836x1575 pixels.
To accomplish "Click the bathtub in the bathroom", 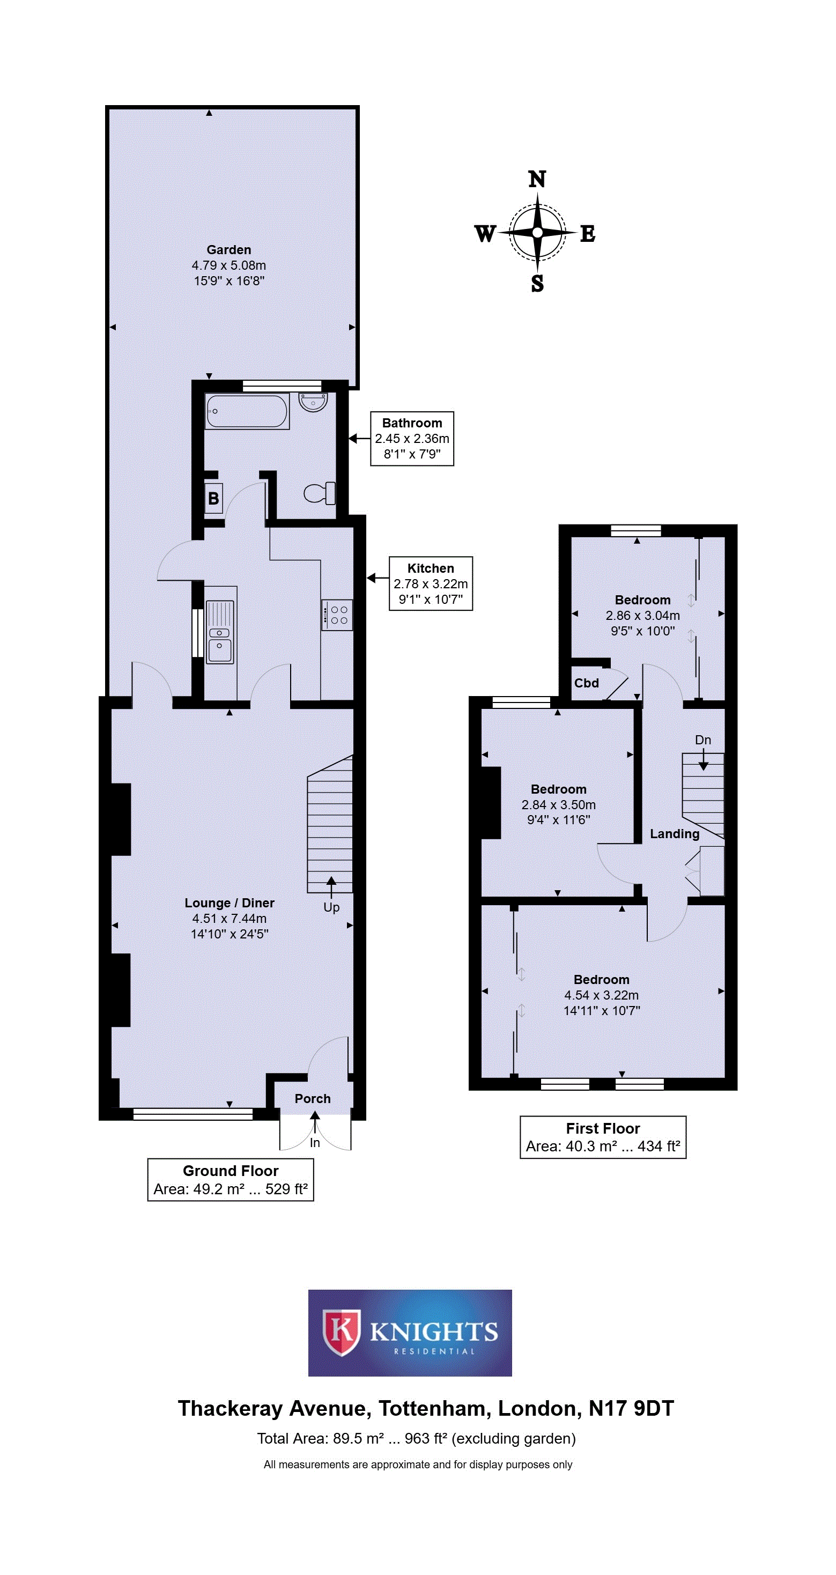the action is (x=247, y=411).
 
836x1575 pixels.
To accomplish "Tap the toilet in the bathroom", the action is (x=320, y=493).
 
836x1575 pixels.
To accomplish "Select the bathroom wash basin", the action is (x=313, y=402).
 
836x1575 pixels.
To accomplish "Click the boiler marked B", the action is (x=213, y=498).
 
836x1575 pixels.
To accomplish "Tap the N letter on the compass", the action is (x=537, y=179).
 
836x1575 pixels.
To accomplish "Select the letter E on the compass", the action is (x=588, y=234).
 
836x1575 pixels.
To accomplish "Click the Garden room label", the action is (x=229, y=249).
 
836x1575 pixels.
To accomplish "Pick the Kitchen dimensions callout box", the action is (x=431, y=583).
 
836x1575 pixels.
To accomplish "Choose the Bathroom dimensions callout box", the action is (x=412, y=438).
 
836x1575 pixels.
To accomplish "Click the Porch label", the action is (x=313, y=1099).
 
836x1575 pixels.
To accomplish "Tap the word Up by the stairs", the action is (x=331, y=907).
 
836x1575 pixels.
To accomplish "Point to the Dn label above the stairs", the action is (x=702, y=740).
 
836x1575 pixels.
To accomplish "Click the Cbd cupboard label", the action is (x=587, y=683).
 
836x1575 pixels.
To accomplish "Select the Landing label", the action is (x=675, y=834).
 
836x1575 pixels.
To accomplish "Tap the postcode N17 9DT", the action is (x=631, y=1408).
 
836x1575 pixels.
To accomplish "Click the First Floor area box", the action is (x=603, y=1137).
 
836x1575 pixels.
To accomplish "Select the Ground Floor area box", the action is (x=231, y=1179).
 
